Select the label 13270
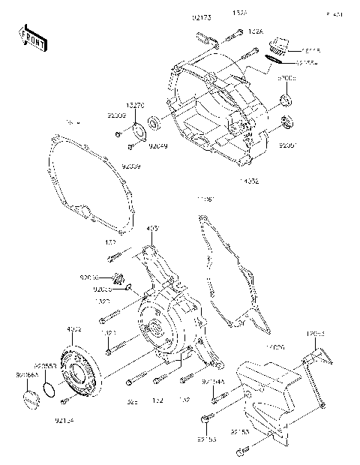coord(135,106)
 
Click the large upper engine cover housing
coord(217,105)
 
